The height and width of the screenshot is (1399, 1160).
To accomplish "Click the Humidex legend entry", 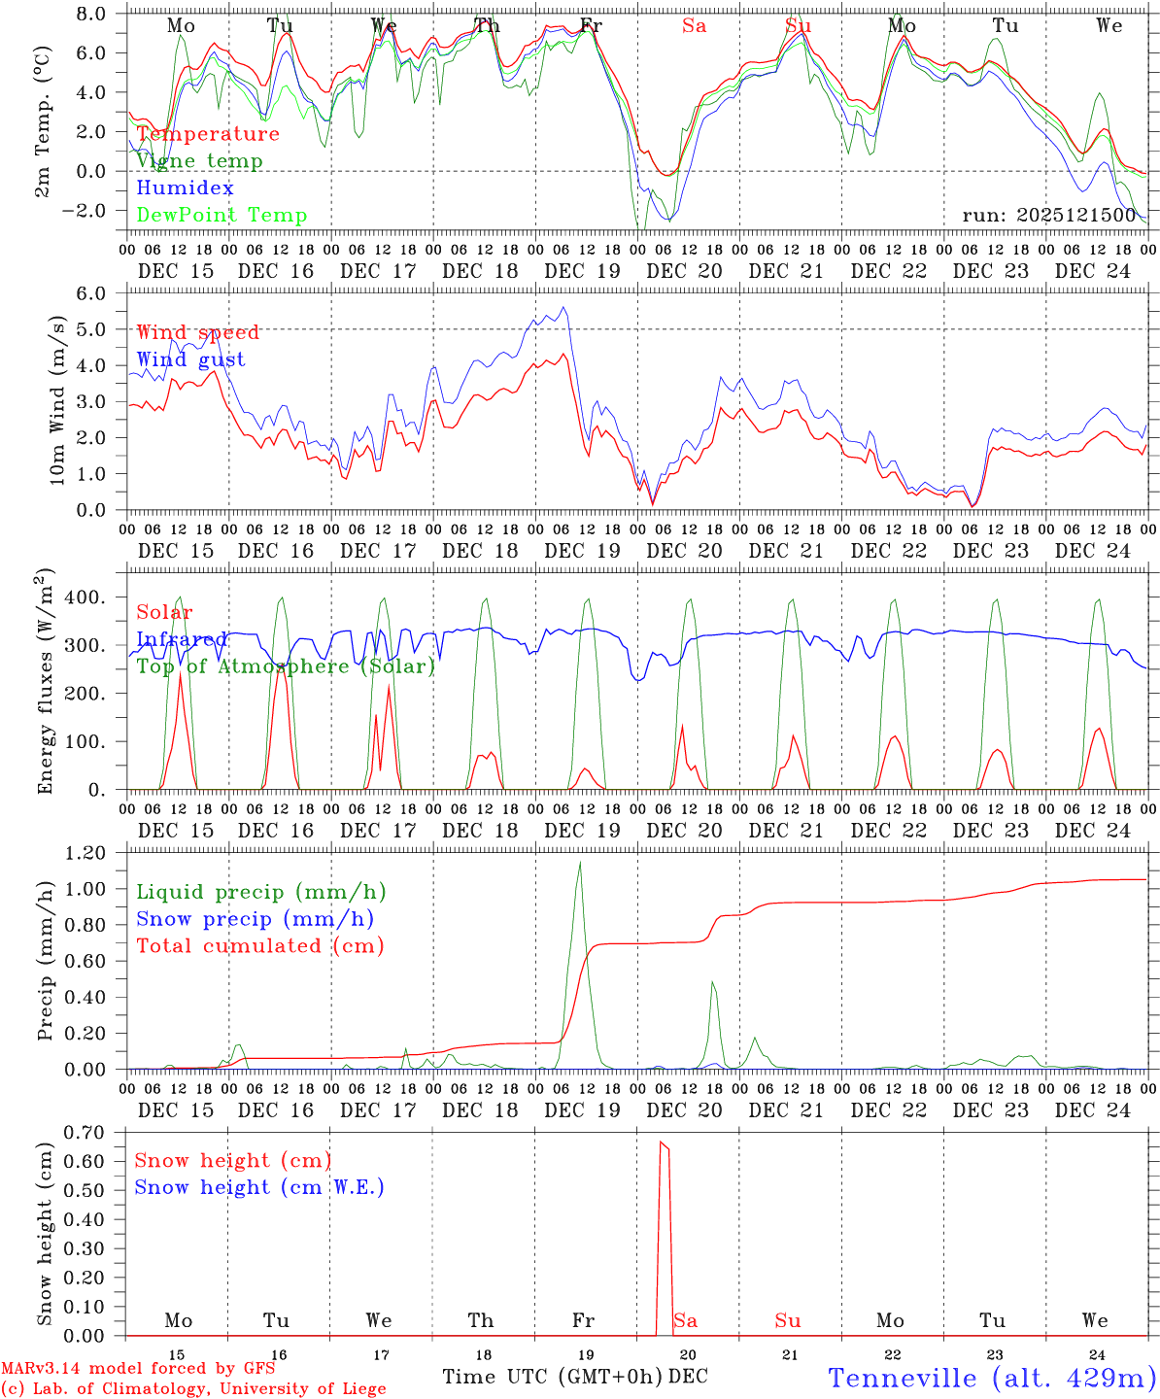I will pos(185,188).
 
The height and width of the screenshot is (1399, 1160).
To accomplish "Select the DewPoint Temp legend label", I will pos(222,216).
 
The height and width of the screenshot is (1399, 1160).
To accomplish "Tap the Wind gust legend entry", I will pos(190,359).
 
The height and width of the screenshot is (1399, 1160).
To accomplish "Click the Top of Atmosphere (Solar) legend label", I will pos(285,666).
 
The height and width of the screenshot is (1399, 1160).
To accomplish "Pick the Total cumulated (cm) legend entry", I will pos(259,946).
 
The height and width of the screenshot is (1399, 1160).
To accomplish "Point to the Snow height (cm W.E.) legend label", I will pos(258,1187).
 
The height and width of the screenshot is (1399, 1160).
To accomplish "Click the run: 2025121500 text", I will pos(1049,215).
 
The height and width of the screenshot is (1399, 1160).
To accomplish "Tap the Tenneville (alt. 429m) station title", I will pos(992,1378).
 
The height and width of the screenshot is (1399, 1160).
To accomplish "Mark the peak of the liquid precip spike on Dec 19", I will pos(580,862).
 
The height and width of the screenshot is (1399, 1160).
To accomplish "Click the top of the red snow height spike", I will pos(662,1143).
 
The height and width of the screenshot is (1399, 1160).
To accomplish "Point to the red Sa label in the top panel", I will pos(694,26).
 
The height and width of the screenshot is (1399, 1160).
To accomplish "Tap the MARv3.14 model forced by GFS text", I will pos(138,1369).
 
